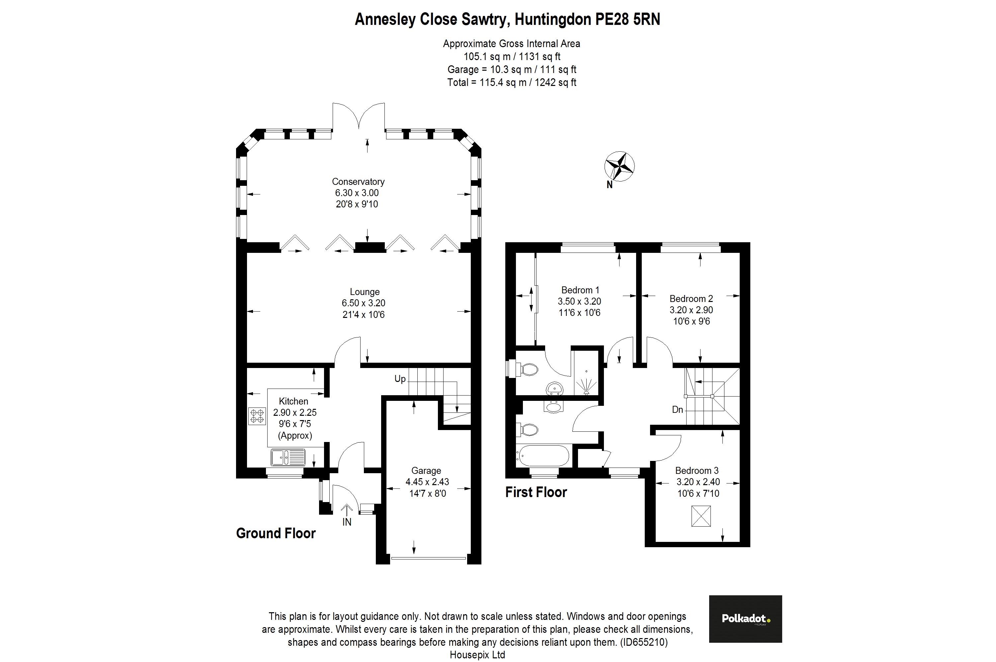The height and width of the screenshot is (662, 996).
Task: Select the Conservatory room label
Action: click(358, 182)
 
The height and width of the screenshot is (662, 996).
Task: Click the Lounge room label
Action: click(365, 292)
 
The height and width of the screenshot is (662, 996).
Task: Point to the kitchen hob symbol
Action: click(257, 415)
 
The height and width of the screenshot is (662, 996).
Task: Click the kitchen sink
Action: click(288, 457)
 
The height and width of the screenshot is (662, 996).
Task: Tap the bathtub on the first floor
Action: click(543, 456)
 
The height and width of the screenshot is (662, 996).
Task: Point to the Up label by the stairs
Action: click(400, 379)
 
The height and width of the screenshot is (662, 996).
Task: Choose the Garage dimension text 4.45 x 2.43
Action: click(427, 482)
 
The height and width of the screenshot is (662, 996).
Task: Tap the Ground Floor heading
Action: click(276, 533)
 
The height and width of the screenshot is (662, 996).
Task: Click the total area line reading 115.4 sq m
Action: click(512, 82)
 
